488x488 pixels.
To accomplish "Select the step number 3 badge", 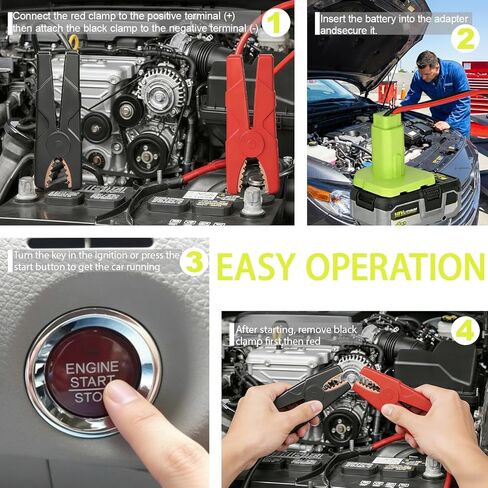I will point(194,262).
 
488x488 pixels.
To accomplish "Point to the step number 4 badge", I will point(463,331).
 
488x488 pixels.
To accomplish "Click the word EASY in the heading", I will point(257,267).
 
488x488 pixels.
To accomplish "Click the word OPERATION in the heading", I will point(395,267).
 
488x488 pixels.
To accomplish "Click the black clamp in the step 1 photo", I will point(58,120).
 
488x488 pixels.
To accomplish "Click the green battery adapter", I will point(395,160).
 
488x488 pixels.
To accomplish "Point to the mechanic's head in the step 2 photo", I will point(427,61).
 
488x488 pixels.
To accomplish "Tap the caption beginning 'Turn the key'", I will point(96,261).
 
